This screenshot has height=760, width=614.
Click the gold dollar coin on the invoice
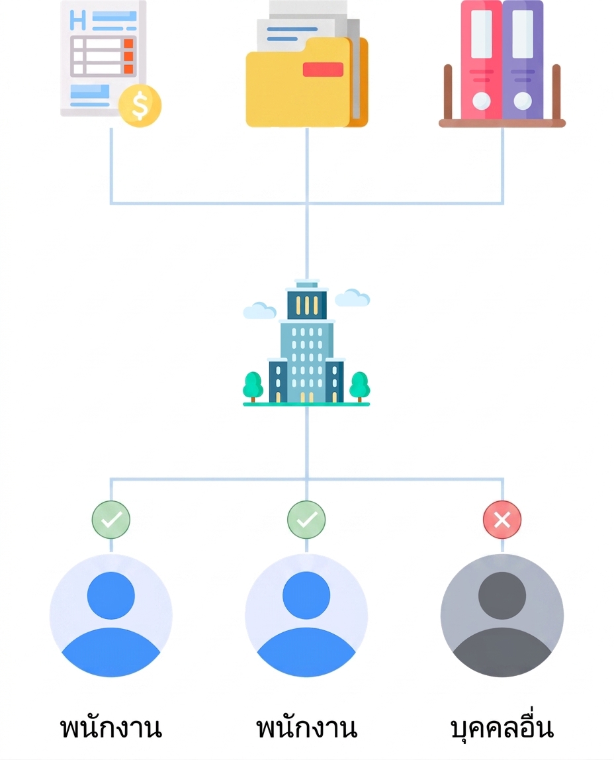pyautogui.click(x=140, y=106)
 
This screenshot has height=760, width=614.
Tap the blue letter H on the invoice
pyautogui.click(x=77, y=20)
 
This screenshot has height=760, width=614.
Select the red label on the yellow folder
pyautogui.click(x=323, y=70)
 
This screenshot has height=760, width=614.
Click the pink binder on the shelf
pyautogui.click(x=481, y=60)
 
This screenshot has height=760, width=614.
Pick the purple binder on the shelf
pyautogui.click(x=523, y=60)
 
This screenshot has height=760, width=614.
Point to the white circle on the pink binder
pyautogui.click(x=481, y=101)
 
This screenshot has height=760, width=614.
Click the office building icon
pyautogui.click(x=306, y=342)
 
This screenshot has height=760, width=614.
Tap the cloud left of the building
pyautogui.click(x=259, y=310)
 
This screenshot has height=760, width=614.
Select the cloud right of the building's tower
pyautogui.click(x=353, y=298)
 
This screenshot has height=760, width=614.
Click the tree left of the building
pyautogui.click(x=253, y=387)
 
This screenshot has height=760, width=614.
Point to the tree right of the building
pyautogui.click(x=360, y=387)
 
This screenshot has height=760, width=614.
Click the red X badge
pyautogui.click(x=502, y=520)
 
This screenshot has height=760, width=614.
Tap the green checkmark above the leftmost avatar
pyautogui.click(x=111, y=520)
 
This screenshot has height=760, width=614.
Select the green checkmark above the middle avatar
pyautogui.click(x=306, y=520)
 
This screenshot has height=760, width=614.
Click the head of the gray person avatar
pyautogui.click(x=502, y=596)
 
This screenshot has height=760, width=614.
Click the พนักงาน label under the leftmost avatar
pyautogui.click(x=111, y=727)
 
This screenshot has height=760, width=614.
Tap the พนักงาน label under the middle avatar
pyautogui.click(x=306, y=727)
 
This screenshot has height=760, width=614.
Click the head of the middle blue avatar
pyautogui.click(x=306, y=596)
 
